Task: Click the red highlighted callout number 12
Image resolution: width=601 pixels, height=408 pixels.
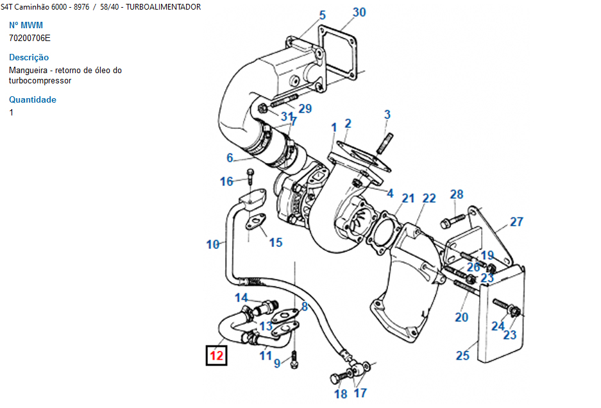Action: (x=216, y=355)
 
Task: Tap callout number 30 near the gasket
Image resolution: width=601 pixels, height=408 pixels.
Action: (x=359, y=12)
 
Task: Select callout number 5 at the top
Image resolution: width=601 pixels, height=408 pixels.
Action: (x=322, y=15)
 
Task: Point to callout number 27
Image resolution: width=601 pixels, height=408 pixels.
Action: (x=516, y=223)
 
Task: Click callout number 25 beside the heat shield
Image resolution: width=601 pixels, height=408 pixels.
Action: (x=462, y=355)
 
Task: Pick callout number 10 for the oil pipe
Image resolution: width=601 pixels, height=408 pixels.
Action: (x=213, y=244)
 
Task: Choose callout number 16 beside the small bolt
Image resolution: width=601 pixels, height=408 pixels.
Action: (x=226, y=182)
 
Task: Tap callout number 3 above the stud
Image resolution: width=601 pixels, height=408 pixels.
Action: (x=387, y=115)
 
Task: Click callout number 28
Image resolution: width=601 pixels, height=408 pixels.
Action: (x=456, y=194)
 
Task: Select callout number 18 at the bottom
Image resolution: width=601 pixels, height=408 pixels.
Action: (x=341, y=394)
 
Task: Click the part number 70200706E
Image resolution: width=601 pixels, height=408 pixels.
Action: (x=30, y=38)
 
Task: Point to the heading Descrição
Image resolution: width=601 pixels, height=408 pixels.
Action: (x=29, y=57)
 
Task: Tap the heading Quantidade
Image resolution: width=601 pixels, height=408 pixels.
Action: (x=33, y=99)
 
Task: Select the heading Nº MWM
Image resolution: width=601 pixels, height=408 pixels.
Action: (x=26, y=26)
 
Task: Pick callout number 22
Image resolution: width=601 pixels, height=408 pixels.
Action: (x=429, y=199)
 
